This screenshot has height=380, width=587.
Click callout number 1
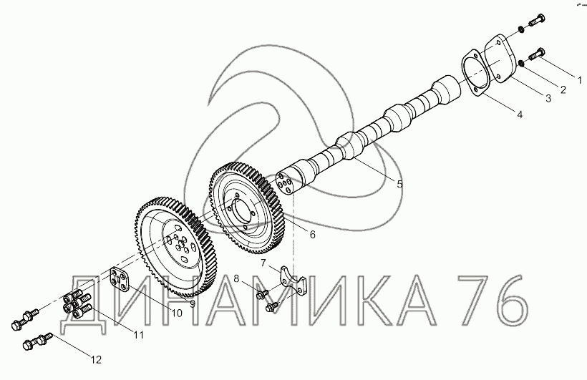[x=580, y=79]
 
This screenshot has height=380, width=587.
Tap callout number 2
[x=563, y=89]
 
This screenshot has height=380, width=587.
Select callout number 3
[x=548, y=99]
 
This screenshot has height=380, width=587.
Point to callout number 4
[x=520, y=115]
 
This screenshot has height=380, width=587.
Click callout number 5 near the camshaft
[x=399, y=184]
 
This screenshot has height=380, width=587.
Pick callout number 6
[x=313, y=234]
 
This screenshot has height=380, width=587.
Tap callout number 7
[x=263, y=263]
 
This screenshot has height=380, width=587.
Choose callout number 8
[x=236, y=278]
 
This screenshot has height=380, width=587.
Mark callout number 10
[x=176, y=313]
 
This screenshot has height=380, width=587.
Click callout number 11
[x=139, y=335]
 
